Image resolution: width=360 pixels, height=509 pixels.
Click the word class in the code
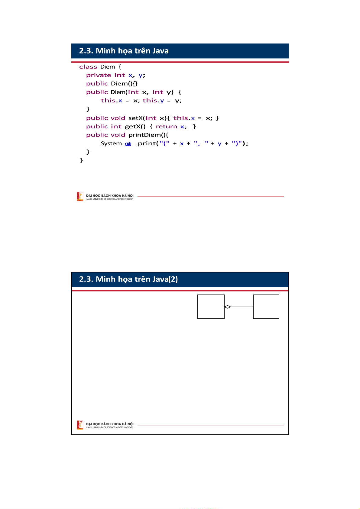tap(88, 67)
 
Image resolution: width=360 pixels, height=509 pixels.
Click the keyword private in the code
tap(99, 75)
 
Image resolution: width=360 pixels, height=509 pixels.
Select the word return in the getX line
tap(166, 127)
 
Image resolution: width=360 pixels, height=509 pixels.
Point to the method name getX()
tap(135, 127)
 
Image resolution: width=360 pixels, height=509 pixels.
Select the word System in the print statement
tap(112, 143)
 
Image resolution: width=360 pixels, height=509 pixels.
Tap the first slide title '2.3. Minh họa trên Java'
tap(124, 51)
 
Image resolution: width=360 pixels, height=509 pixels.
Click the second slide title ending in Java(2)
tap(128, 279)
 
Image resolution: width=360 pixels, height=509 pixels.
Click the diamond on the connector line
tap(228, 307)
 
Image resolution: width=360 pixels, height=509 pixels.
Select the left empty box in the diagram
tap(211, 307)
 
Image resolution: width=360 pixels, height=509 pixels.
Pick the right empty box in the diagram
tap(266, 307)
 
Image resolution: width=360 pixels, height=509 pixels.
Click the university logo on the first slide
tap(80, 197)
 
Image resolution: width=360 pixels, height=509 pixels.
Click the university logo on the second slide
tap(80, 425)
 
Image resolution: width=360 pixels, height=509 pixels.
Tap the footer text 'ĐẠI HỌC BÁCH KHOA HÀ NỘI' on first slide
tap(110, 195)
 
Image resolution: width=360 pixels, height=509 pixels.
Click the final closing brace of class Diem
tap(81, 160)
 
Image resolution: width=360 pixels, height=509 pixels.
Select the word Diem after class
tap(108, 67)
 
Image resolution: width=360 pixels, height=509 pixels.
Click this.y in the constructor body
tap(153, 101)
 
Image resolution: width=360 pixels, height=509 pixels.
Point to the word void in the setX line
tap(118, 118)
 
